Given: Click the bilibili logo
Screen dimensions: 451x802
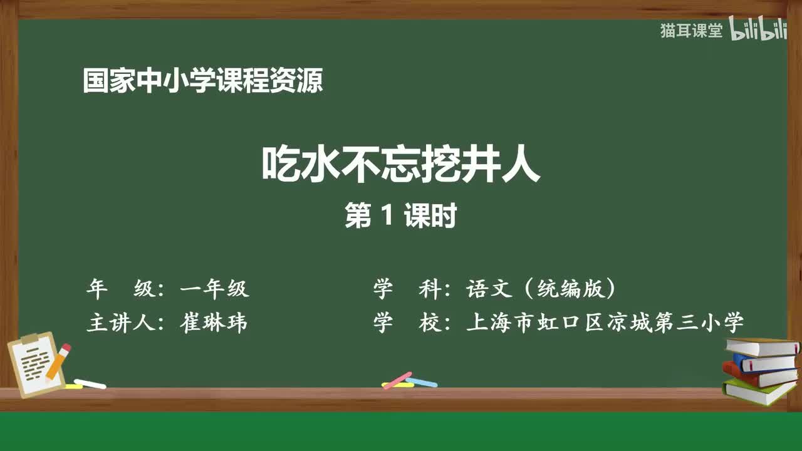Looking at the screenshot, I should click(759, 31).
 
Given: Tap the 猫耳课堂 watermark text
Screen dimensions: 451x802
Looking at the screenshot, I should click(691, 31).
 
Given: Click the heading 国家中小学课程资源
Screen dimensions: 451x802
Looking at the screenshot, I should click(202, 81).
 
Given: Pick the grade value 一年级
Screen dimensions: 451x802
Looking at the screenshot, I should click(214, 289).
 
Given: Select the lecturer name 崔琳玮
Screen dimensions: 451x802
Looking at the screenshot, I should click(214, 323).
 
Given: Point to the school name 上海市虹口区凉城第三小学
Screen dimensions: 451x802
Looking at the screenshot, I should click(605, 323).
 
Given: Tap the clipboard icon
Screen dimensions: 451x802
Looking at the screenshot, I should click(36, 366).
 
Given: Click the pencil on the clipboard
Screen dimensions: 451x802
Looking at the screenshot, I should click(58, 361).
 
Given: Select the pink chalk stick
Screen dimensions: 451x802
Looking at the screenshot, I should click(397, 380).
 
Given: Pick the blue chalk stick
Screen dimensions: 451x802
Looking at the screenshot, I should click(422, 381).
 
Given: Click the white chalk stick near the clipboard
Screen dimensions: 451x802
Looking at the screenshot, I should click(90, 384).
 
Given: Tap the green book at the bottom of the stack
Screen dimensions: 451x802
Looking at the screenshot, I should click(758, 392).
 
